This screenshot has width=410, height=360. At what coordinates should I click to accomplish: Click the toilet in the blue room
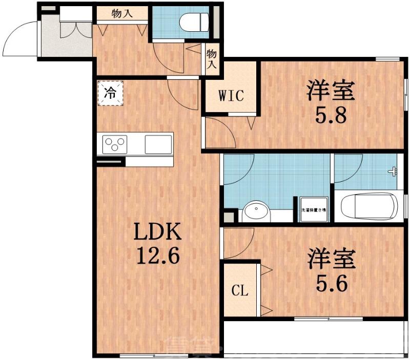pyautogui.click(x=195, y=22)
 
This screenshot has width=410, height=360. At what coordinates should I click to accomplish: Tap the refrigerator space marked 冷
pyautogui.click(x=110, y=93)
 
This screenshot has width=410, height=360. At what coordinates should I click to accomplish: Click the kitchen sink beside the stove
pyautogui.click(x=158, y=143)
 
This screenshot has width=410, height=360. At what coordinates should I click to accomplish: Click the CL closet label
pyautogui.click(x=239, y=291)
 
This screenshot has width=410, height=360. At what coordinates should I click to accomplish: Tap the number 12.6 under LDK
pyautogui.click(x=157, y=254)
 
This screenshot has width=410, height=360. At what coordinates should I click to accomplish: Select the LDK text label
pyautogui.click(x=157, y=233)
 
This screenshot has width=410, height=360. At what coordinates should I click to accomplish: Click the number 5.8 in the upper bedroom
pyautogui.click(x=331, y=114)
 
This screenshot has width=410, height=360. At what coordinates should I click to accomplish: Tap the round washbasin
pyautogui.click(x=256, y=211)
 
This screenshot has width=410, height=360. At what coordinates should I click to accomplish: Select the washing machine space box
pyautogui.click(x=314, y=209)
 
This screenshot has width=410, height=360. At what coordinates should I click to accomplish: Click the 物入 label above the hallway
pyautogui.click(x=122, y=13)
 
